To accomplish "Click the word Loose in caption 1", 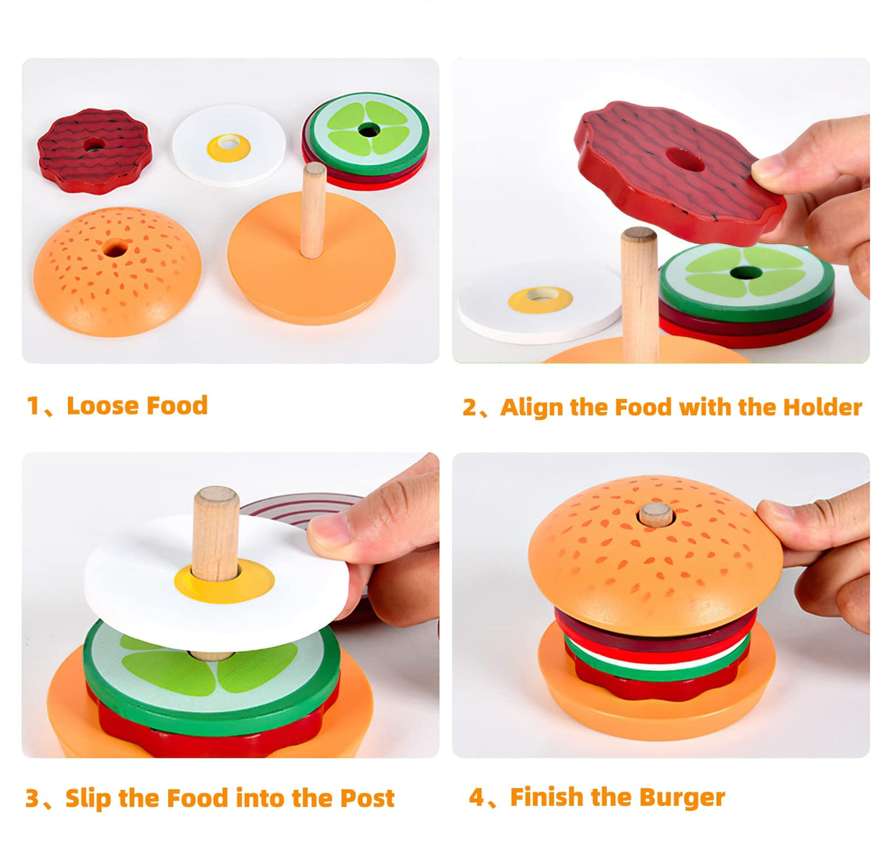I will (100, 405).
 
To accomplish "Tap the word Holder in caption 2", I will (822, 407).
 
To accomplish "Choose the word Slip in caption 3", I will (88, 798).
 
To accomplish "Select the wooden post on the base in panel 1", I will (313, 210).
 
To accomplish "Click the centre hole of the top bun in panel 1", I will (114, 248).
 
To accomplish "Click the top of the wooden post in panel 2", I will (638, 235).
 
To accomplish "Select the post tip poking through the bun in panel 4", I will (655, 514).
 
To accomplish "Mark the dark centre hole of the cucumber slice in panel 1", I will (369, 130).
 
